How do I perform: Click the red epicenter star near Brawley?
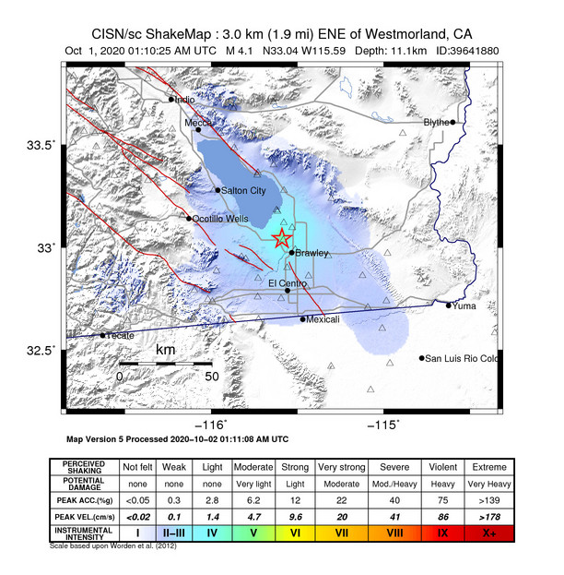pos(281,239)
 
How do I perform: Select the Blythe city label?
pos(435,122)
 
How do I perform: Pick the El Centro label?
pos(285,282)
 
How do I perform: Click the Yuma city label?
pos(464,305)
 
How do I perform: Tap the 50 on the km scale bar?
pos(211,377)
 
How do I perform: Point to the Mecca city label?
pos(198,122)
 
